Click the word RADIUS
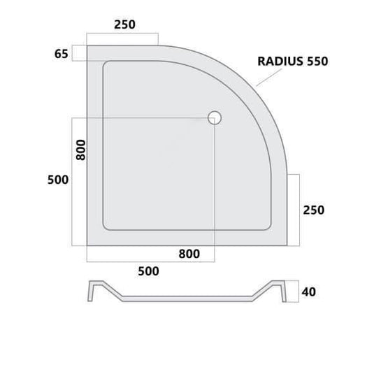tap(279, 61)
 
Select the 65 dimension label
tap(62, 54)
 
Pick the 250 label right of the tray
tap(314, 210)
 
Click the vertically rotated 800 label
tap(80, 150)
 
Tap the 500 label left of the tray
tap(57, 180)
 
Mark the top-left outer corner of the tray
tap(87, 47)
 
